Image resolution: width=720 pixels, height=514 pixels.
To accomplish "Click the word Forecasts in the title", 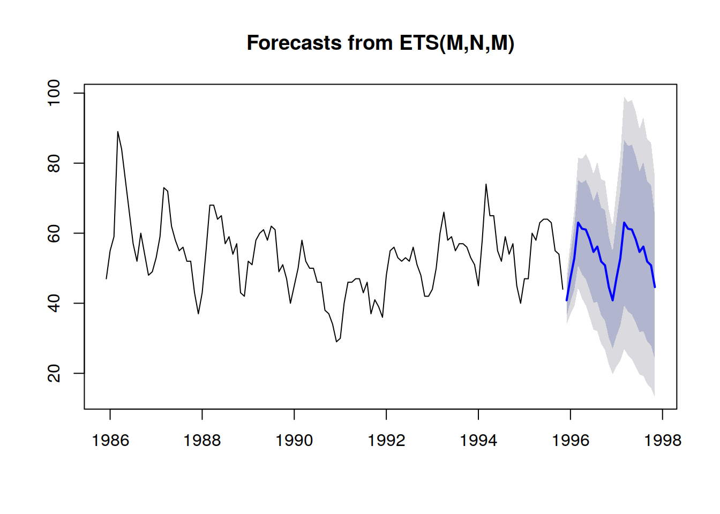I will coord(294,43).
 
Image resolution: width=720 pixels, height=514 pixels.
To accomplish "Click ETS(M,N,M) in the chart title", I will coord(457,43).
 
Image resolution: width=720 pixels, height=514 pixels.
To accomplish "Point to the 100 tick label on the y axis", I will coord(54,93).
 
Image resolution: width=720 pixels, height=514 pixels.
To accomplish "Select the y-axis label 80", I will coord(54,163).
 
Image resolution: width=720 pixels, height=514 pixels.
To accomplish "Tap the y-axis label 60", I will coord(54,233).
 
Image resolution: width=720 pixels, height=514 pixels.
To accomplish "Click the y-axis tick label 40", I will coord(54,304).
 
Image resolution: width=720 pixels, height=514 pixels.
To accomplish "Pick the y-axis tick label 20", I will coord(54,373).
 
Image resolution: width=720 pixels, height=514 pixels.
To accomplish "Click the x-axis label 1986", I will coord(110,440).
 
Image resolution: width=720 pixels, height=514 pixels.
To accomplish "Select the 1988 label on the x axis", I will coord(202,440).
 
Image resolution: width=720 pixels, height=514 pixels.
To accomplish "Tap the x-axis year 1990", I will coord(294,440).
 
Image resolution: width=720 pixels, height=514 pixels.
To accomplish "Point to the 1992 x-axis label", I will coord(386,440).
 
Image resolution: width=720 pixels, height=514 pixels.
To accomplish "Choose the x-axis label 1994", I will coord(478,440).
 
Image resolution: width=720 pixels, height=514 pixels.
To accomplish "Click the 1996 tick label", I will coord(571,440).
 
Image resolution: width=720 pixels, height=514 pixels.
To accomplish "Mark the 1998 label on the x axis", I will coord(663,440).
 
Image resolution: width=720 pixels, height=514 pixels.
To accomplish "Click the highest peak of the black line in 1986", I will coord(118,132).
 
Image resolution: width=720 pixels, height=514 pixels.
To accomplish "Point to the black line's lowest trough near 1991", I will coord(336,342).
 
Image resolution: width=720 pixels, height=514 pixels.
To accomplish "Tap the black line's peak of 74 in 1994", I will coord(486,184).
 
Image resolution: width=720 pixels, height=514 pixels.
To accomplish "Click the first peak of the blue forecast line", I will coord(578,222).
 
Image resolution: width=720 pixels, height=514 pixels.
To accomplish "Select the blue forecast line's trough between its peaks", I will coord(613,300).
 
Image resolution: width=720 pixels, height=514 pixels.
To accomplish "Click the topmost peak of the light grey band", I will coord(625,97).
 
